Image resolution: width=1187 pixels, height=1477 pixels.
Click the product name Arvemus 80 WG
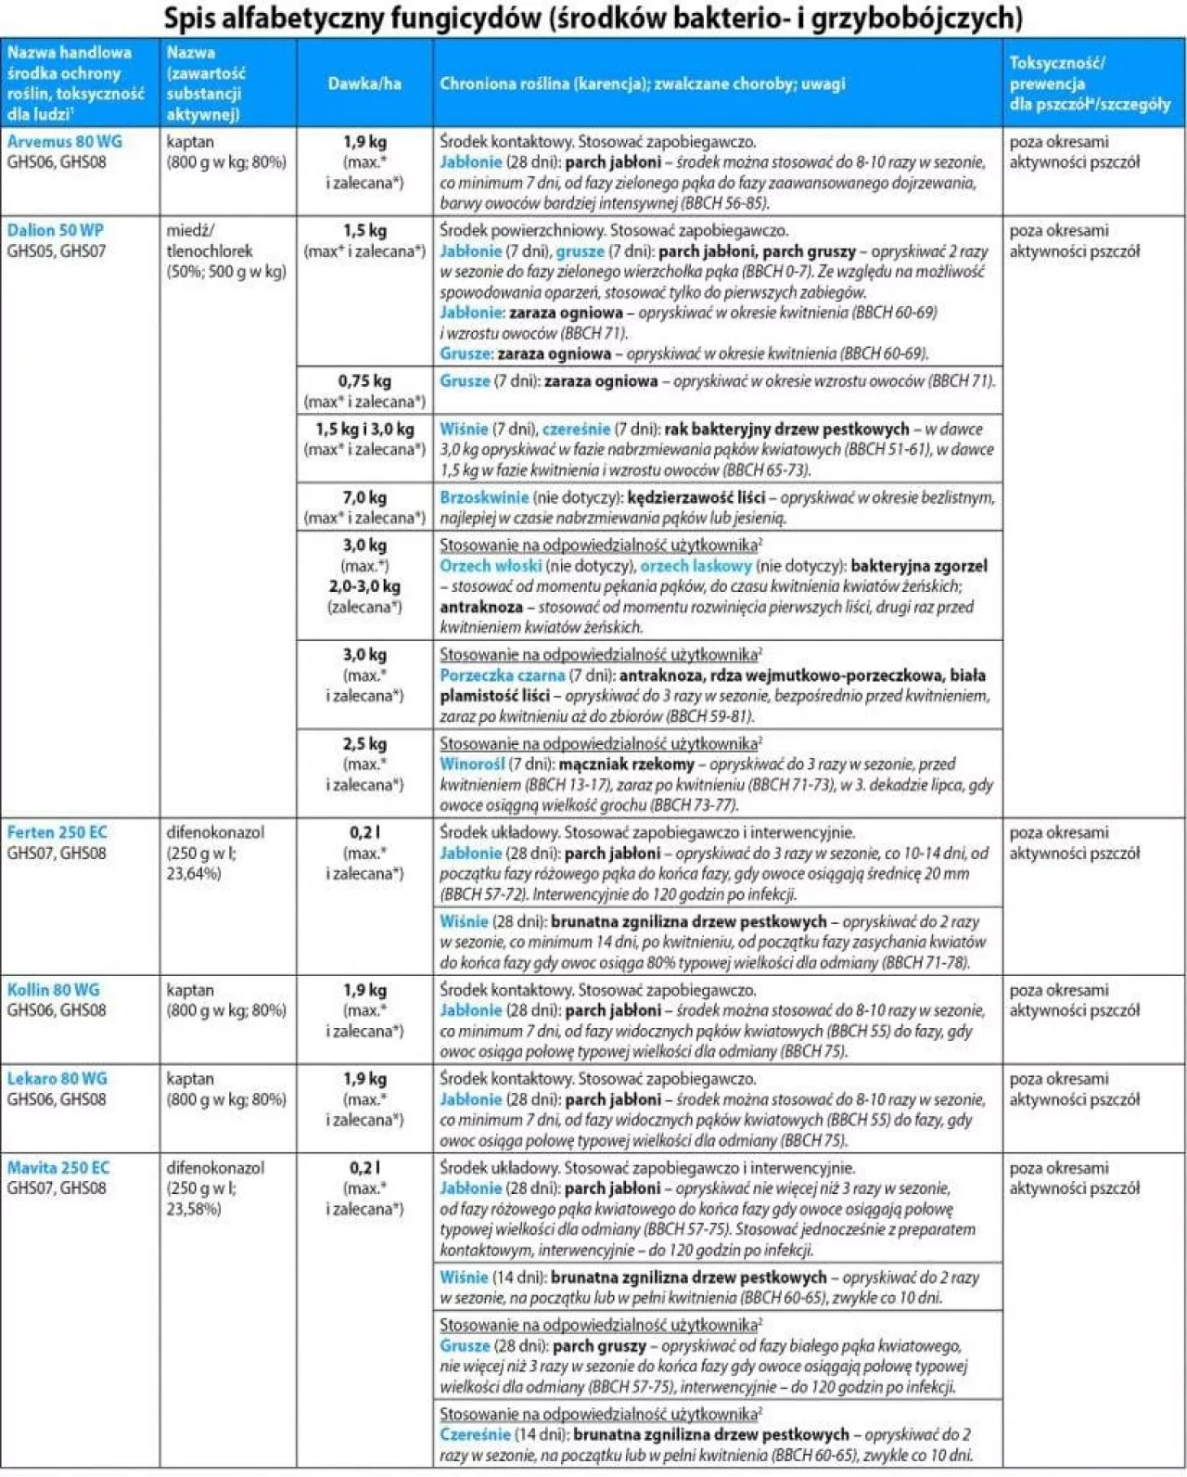(64, 142)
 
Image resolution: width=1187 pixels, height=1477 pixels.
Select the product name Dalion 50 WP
(55, 230)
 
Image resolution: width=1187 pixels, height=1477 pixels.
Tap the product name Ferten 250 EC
(57, 832)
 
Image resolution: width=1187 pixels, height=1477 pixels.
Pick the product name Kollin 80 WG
(53, 990)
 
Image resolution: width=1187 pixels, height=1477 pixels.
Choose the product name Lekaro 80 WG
(57, 1079)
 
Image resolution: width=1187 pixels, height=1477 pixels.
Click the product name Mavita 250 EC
(57, 1168)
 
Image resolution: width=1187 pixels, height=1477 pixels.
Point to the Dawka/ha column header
(364, 83)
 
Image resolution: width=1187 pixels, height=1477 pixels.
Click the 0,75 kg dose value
(364, 381)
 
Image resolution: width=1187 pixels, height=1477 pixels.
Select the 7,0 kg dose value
(364, 498)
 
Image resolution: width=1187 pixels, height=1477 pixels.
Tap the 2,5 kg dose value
(364, 744)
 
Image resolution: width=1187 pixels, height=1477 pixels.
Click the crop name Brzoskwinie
(483, 498)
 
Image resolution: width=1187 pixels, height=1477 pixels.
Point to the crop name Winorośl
(472, 764)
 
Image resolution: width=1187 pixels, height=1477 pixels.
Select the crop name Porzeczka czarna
(502, 675)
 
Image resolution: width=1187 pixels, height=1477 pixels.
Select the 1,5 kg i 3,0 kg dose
(364, 430)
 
